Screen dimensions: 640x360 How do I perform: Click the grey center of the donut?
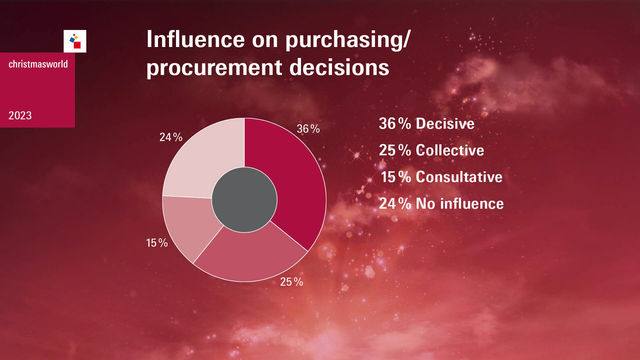tap(244, 200)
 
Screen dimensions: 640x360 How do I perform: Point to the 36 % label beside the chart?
tap(308, 129)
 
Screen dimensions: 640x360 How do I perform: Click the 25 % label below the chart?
tap(292, 282)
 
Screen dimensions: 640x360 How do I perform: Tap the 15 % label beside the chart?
tap(157, 243)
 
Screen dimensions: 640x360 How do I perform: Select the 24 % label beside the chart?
tap(171, 137)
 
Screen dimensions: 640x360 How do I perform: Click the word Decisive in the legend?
tap(445, 124)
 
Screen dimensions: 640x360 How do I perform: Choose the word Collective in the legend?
tap(450, 150)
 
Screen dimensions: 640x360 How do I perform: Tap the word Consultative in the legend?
tap(459, 177)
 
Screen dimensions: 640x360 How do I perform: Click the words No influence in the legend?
tap(460, 204)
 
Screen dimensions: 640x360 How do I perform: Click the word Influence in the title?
tap(196, 39)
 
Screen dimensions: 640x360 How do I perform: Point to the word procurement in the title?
tap(214, 68)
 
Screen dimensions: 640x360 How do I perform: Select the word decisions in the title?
tap(339, 67)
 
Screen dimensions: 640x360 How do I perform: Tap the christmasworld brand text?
tap(38, 64)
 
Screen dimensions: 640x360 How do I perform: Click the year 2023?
tap(20, 116)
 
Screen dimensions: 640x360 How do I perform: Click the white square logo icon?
tap(75, 41)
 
